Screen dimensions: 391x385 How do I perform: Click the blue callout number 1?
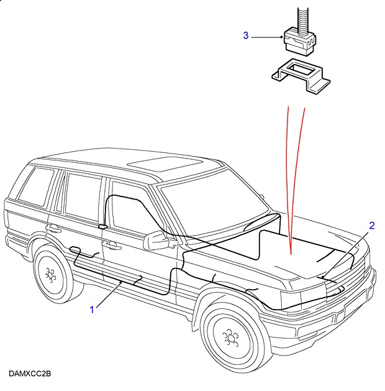point(93,309)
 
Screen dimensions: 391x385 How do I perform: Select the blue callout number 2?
point(372,226)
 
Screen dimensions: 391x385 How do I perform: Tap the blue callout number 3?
point(245,36)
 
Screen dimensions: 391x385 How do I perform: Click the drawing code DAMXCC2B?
point(30,374)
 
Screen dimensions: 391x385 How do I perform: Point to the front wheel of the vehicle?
point(230,339)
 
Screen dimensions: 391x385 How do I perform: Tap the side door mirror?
point(155,241)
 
